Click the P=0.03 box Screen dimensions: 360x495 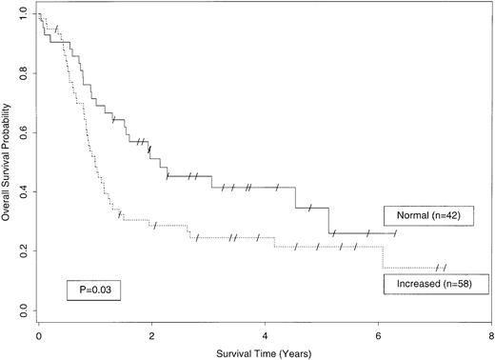tap(92, 287)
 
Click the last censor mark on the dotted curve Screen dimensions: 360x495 tap(444, 268)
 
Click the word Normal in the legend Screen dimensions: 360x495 tap(406, 215)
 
